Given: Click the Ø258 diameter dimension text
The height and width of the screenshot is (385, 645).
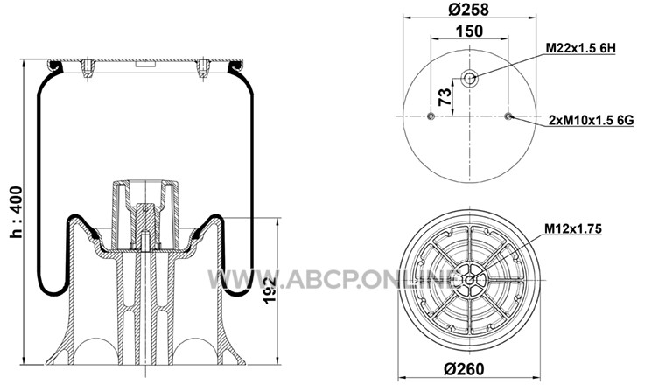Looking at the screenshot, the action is (x=469, y=10).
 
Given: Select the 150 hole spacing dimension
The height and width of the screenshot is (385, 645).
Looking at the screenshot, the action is (x=469, y=31).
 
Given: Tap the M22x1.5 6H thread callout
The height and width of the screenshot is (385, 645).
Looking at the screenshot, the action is (x=580, y=48).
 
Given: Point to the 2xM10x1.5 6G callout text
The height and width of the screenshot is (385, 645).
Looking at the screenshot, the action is (x=591, y=120).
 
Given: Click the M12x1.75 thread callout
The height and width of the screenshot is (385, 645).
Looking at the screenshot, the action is (x=573, y=228).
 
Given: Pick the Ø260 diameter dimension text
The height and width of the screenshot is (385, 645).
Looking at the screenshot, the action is (x=464, y=369).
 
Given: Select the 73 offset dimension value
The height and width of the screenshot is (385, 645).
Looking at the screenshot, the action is (x=445, y=97).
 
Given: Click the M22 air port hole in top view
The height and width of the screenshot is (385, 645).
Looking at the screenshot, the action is (x=469, y=78).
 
